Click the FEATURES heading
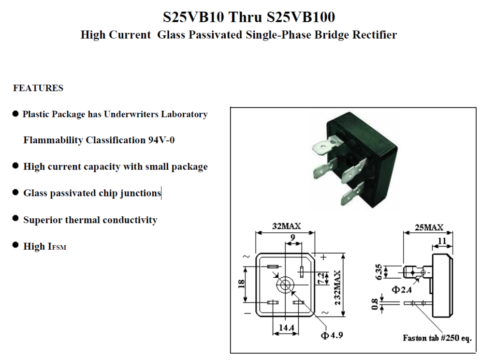click(38, 88)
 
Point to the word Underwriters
click(131, 114)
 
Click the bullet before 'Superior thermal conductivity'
click(15, 219)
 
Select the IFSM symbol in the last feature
click(57, 247)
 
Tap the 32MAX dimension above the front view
click(286, 226)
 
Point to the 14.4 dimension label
click(286, 328)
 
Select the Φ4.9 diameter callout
click(332, 335)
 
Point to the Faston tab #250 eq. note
click(437, 337)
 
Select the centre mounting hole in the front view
click(286, 284)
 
